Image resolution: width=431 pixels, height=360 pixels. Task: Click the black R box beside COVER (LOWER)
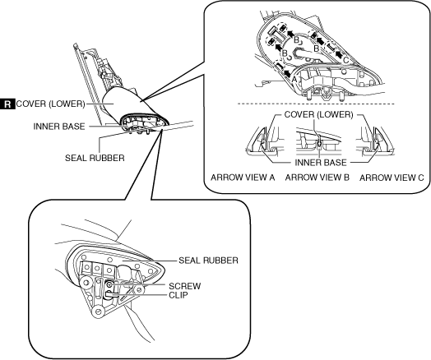click(7, 104)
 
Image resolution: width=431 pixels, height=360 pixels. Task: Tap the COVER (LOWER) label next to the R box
click(50, 104)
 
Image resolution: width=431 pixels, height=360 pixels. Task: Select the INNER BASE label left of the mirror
click(59, 127)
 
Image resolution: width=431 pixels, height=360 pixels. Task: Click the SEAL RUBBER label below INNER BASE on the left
click(95, 158)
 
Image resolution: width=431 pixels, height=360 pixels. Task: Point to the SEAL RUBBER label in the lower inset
click(208, 261)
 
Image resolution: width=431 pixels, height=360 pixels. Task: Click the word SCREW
click(185, 286)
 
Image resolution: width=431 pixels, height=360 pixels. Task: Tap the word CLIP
click(178, 295)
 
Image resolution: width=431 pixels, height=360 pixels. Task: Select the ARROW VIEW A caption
click(243, 178)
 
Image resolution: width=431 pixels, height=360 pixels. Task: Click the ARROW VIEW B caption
click(317, 178)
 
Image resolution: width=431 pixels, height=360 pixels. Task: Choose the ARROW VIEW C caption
click(392, 178)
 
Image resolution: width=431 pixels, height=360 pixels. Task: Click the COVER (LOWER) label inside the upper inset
click(318, 114)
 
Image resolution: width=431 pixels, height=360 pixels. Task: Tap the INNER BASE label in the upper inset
click(321, 163)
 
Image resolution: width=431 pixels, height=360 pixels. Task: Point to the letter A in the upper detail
click(294, 80)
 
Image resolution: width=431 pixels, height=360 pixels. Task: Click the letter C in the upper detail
click(346, 59)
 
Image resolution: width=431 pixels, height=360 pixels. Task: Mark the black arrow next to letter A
click(288, 73)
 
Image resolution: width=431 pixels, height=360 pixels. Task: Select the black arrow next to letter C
click(339, 53)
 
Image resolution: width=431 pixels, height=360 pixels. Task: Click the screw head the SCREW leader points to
click(109, 285)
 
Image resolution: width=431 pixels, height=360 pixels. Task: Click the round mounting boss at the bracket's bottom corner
click(98, 312)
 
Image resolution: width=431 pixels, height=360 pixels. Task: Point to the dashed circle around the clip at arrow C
click(331, 47)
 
